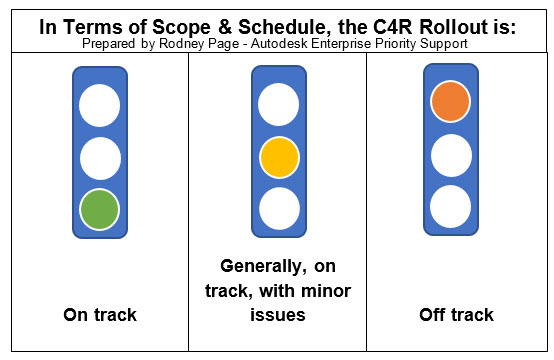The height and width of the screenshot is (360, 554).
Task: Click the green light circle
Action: click(99, 210)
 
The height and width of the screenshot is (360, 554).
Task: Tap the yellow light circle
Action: click(278, 157)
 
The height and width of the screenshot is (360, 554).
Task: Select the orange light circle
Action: click(451, 101)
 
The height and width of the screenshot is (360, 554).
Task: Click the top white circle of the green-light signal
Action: click(99, 104)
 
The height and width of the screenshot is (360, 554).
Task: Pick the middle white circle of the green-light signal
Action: click(99, 157)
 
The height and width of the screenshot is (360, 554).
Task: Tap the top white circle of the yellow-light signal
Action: click(278, 104)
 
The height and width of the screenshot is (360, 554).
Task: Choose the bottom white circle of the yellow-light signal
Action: click(278, 209)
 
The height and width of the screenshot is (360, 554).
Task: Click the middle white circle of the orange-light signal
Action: click(451, 154)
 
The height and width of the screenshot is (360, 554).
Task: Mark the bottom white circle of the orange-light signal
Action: click(451, 206)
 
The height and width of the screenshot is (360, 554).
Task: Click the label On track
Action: click(99, 315)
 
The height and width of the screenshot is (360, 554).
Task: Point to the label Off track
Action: click(457, 315)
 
